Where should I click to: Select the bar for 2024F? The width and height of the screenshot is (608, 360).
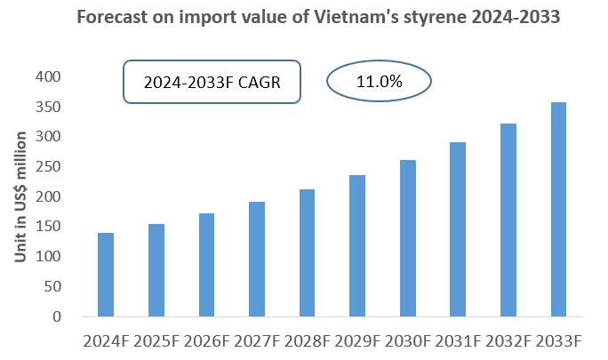(x=106, y=275)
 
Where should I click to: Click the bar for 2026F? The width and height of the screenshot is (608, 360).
(x=206, y=265)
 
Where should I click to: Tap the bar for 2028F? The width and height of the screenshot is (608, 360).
(x=308, y=252)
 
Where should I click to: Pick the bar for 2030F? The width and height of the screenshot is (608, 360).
(x=408, y=238)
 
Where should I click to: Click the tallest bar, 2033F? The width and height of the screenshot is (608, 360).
(x=559, y=210)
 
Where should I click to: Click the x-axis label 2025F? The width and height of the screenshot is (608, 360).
(x=156, y=341)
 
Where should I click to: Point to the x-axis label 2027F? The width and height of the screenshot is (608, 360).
(x=257, y=341)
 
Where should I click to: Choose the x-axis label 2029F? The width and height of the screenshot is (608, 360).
(x=357, y=341)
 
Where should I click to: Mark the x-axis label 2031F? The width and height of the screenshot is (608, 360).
(x=459, y=341)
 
